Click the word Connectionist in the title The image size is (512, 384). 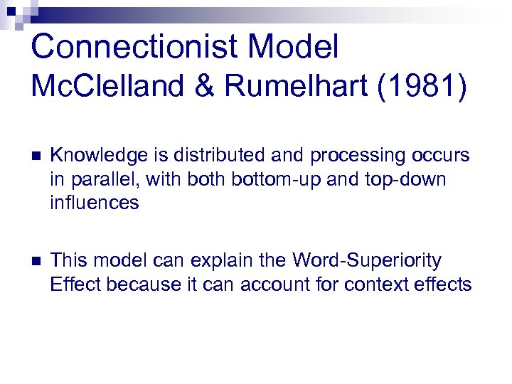[x=139, y=47]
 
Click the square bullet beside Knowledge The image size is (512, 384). [x=37, y=156]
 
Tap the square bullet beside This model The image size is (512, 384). [x=37, y=261]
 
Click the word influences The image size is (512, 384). [x=95, y=203]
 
